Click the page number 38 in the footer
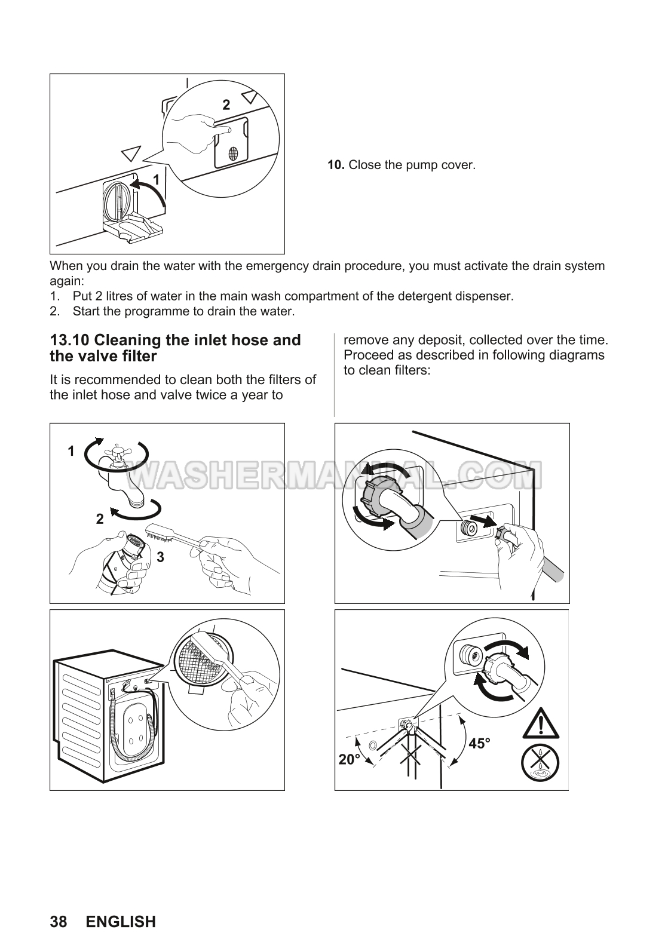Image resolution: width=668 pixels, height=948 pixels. (59, 922)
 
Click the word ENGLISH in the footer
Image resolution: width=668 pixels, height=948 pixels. (121, 922)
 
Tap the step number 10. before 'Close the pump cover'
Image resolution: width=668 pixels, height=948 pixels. (336, 165)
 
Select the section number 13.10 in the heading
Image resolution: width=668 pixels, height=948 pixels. (69, 340)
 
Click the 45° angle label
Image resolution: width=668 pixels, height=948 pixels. (480, 743)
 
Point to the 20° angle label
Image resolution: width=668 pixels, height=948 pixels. (350, 760)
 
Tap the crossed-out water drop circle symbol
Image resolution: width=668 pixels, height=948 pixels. (540, 763)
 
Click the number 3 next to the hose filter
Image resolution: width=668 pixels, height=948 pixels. (160, 557)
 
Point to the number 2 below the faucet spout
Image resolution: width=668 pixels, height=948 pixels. (100, 519)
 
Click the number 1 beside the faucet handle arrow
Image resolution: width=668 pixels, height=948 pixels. (71, 451)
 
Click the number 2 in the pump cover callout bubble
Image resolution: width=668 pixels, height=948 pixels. (226, 105)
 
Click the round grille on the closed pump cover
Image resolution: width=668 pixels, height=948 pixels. (233, 153)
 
